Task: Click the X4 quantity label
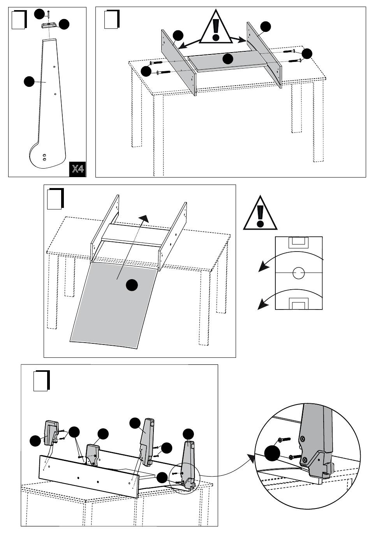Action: (x=78, y=169)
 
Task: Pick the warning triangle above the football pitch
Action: (x=260, y=213)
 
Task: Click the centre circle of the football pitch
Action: (x=299, y=273)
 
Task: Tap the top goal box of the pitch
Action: (x=299, y=242)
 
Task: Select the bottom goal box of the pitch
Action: (x=299, y=303)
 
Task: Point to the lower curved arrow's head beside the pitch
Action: (x=264, y=304)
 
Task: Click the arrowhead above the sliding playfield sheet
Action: (x=144, y=218)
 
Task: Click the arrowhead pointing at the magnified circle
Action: (x=252, y=458)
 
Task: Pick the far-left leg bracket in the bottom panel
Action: (x=51, y=432)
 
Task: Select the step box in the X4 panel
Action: (x=19, y=19)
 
